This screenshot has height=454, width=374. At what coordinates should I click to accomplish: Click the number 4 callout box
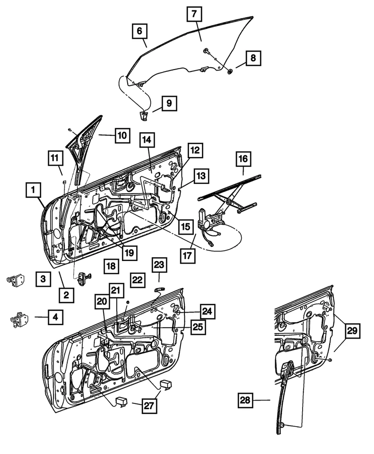55,317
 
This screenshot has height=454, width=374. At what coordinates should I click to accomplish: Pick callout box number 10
122,135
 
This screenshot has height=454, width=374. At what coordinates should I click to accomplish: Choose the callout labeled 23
159,265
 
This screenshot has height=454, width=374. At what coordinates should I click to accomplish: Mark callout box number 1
33,191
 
